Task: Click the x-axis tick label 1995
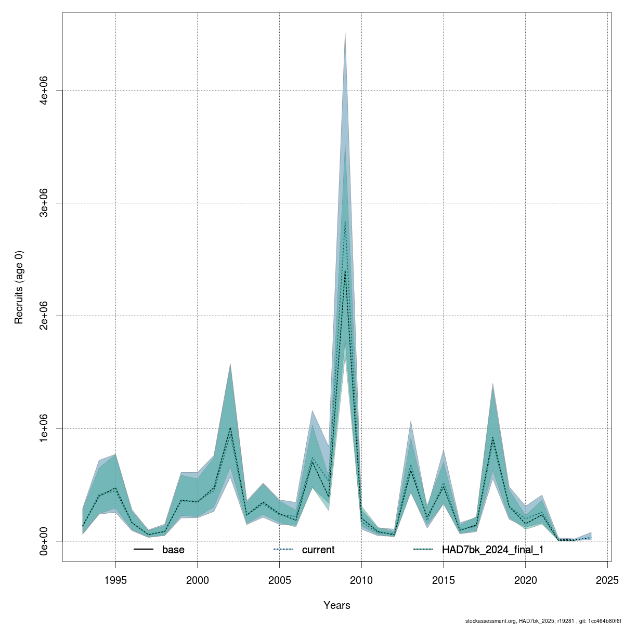click(x=115, y=580)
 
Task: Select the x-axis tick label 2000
click(x=198, y=580)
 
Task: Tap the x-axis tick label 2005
click(x=279, y=580)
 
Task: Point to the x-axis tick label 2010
click(x=361, y=580)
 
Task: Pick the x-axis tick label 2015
click(x=444, y=580)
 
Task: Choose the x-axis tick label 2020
click(x=525, y=580)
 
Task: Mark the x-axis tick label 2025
click(x=607, y=580)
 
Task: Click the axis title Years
click(x=336, y=605)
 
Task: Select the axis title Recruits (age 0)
click(x=19, y=287)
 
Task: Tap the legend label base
click(x=173, y=550)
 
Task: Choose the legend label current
click(x=318, y=550)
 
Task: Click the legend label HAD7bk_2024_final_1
click(x=492, y=550)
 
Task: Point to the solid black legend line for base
click(x=144, y=550)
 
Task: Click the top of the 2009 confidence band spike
click(x=345, y=33)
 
